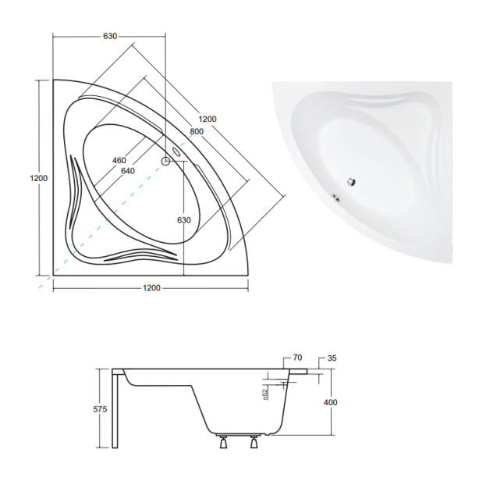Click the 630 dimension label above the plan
point(110,36)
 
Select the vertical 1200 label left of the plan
point(38,178)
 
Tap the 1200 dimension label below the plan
point(151,287)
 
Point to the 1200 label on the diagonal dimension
point(208,119)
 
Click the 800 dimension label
point(197,131)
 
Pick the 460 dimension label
point(119,160)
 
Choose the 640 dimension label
point(128,171)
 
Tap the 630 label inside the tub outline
point(184,220)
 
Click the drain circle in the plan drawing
point(165,161)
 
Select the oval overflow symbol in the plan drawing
point(177,152)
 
